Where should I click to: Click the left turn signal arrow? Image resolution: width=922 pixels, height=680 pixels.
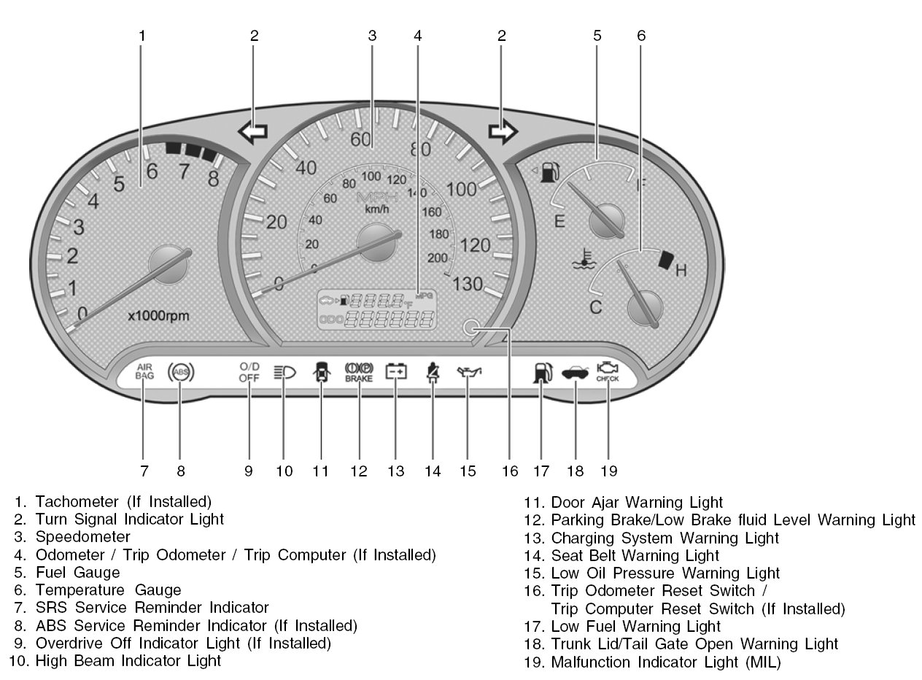[252, 132]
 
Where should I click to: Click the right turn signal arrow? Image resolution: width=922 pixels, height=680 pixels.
[503, 131]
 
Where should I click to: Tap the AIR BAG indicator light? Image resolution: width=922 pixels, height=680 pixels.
[144, 371]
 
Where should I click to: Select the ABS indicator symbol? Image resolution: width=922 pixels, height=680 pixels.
[180, 373]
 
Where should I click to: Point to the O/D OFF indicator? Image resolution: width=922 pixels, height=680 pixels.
[249, 372]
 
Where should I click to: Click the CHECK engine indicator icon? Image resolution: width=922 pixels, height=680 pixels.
[607, 371]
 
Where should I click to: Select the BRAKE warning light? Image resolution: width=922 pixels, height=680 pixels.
[359, 372]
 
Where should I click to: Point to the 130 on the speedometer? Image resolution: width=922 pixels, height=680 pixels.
[468, 284]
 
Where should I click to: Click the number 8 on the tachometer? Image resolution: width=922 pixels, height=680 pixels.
[213, 178]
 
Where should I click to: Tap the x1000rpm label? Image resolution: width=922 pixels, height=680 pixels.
[159, 317]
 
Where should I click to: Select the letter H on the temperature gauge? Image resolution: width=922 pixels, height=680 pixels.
[681, 271]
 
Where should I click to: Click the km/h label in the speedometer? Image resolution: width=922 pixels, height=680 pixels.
[377, 209]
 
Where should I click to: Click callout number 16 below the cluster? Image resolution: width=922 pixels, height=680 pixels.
[510, 471]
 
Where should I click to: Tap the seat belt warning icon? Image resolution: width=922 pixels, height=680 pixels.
[433, 373]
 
